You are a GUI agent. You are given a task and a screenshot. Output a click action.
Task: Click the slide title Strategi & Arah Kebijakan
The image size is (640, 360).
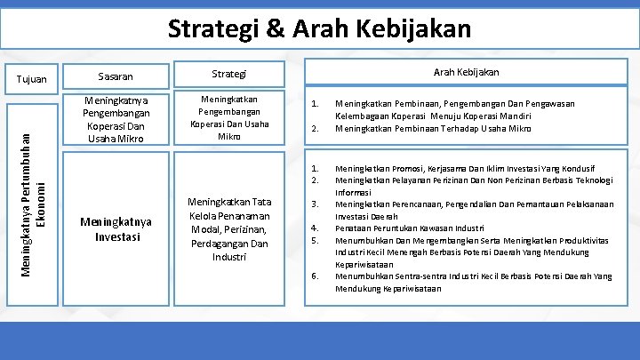coord(320,28)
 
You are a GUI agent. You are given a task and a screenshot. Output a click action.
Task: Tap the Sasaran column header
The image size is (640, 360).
coord(115,76)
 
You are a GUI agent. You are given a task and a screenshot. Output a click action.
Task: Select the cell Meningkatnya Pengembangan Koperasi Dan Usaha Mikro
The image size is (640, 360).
coord(116,120)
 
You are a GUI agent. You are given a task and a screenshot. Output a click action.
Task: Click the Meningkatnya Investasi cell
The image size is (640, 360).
coord(116,228)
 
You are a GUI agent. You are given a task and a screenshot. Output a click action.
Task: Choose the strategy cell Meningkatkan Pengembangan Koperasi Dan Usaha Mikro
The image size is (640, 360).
coord(231,118)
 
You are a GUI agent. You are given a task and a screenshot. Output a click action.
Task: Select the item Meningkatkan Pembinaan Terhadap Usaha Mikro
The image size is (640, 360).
coord(433,129)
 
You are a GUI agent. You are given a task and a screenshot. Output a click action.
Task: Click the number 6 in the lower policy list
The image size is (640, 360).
coord(313,276)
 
